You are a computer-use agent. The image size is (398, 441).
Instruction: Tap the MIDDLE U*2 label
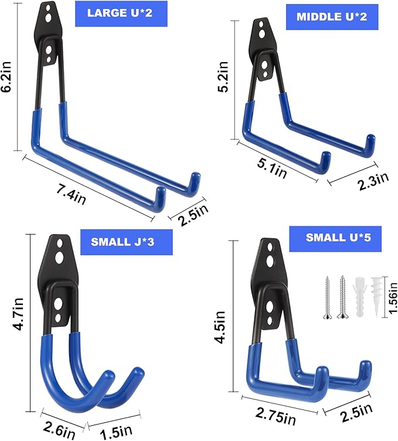[x=332, y=17]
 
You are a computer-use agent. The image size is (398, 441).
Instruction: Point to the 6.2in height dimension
[x=6, y=76]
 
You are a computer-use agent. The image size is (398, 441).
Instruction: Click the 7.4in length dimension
[x=71, y=195]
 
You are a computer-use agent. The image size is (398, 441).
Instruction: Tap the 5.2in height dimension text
[x=223, y=77]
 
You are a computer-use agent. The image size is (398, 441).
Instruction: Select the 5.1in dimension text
[x=272, y=169]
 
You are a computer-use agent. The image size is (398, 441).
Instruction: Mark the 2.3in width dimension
[x=373, y=180]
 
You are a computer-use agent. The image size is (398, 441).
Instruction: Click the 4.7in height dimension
[x=18, y=315]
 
